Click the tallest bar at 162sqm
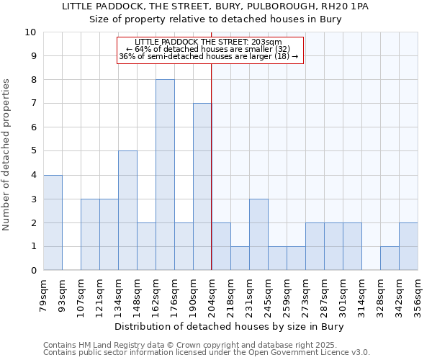click(x=165, y=175)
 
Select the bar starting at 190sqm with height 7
click(x=202, y=186)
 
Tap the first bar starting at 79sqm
click(x=53, y=222)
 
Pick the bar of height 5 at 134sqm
click(x=127, y=210)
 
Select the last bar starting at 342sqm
click(x=408, y=246)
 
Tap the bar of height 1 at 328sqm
click(x=390, y=258)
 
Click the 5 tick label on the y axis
click(x=33, y=151)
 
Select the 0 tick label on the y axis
click(x=33, y=271)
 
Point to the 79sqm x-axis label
click(x=43, y=293)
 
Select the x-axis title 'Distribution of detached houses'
click(x=230, y=326)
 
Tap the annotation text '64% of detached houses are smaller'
click(x=210, y=49)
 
